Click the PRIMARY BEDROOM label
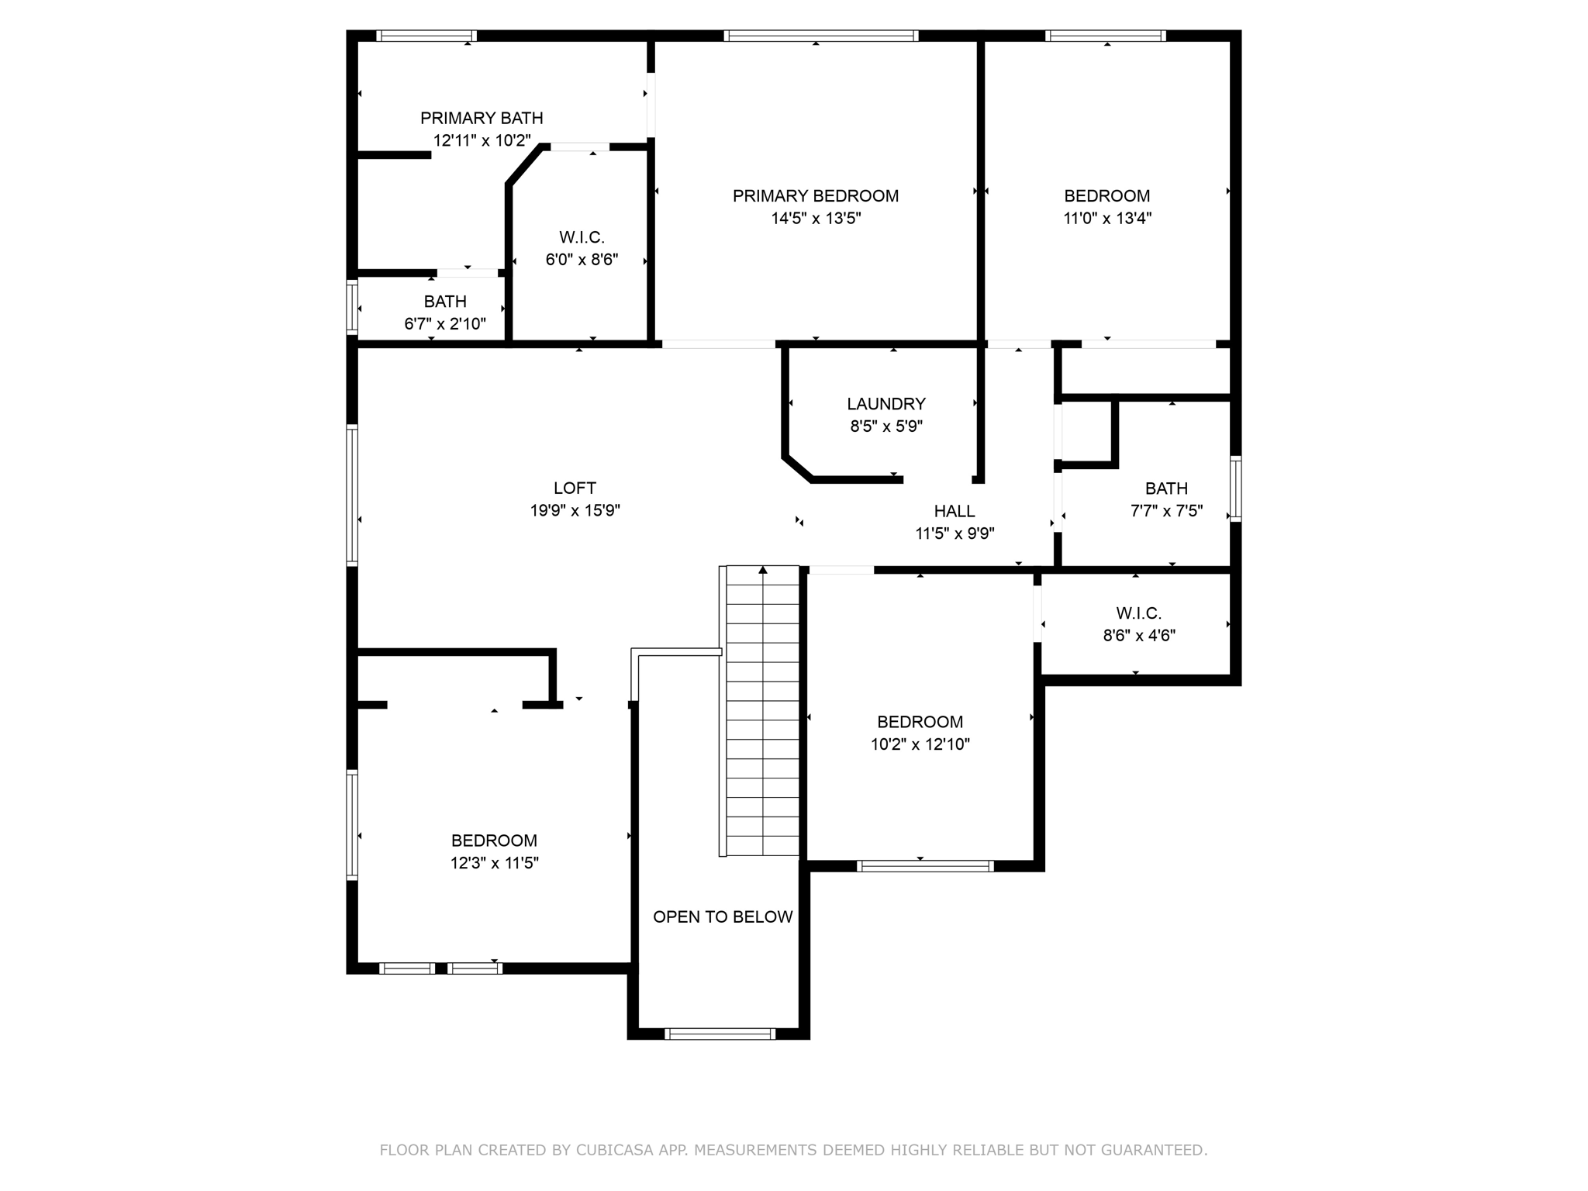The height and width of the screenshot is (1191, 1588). click(816, 196)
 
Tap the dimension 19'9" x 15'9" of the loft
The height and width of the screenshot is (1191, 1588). click(575, 511)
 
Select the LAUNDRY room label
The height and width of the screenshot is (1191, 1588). click(885, 404)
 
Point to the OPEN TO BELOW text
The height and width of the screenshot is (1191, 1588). click(723, 917)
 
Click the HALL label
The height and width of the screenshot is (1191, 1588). click(954, 511)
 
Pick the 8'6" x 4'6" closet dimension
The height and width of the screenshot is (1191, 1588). click(1138, 636)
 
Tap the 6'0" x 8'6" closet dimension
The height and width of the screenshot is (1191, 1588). click(582, 260)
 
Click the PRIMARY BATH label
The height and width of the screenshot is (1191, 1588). click(482, 119)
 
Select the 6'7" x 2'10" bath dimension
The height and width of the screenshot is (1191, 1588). click(444, 324)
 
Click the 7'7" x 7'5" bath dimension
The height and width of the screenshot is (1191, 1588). click(1166, 511)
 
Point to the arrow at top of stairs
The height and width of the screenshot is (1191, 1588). click(763, 570)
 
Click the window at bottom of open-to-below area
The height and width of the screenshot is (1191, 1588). click(720, 1034)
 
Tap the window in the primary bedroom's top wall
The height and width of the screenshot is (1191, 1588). click(820, 36)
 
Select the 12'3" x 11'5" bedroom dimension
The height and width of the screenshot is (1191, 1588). click(494, 863)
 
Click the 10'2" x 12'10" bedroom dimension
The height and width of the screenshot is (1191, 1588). click(920, 744)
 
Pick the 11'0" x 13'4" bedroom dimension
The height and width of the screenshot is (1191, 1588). click(1106, 219)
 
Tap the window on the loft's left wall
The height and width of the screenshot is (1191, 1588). click(352, 495)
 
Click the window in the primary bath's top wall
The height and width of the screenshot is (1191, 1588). click(426, 36)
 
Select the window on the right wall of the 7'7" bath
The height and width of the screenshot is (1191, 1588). click(1236, 488)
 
